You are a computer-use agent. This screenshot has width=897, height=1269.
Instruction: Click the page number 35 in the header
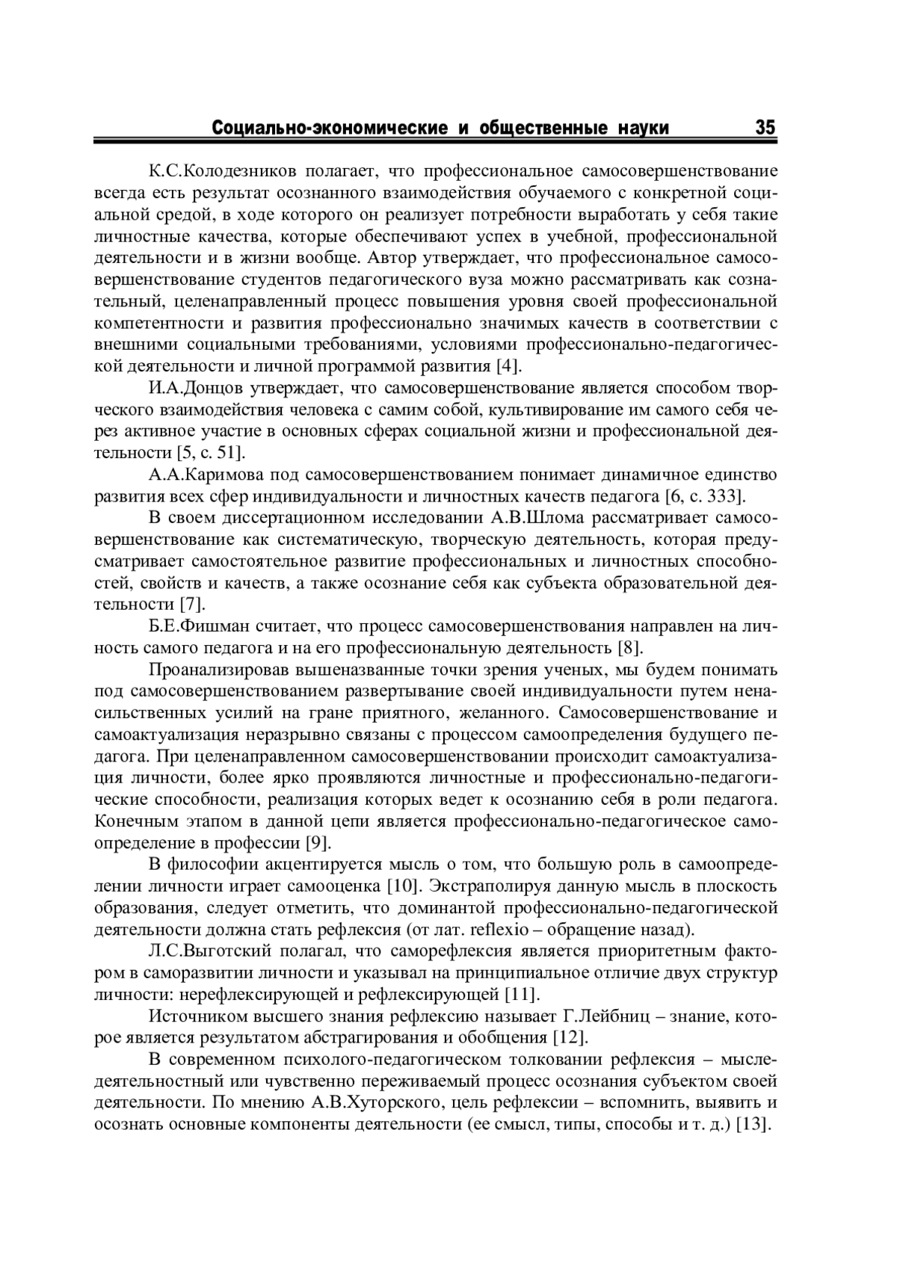pyautogui.click(x=765, y=127)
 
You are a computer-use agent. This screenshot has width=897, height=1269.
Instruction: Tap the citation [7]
pyautogui.click(x=193, y=604)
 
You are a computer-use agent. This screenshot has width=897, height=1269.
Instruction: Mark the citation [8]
pyautogui.click(x=631, y=647)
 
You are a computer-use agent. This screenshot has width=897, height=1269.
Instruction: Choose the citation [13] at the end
pyautogui.click(x=753, y=1125)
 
